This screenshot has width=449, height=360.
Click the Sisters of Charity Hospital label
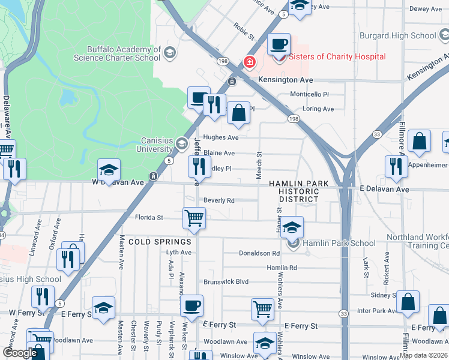tap(337, 57)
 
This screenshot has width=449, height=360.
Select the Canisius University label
tap(157, 145)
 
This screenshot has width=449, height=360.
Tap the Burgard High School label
tap(398, 35)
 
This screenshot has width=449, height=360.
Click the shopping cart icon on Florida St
tap(194, 218)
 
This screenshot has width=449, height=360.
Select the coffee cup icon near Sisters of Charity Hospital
tap(279, 44)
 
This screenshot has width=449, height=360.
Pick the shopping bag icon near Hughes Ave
tap(238, 113)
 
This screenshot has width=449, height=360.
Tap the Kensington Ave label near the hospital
tap(286, 80)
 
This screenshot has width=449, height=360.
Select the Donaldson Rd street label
tap(259, 254)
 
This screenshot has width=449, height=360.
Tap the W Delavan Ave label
tap(118, 182)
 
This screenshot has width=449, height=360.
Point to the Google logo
tap(20, 353)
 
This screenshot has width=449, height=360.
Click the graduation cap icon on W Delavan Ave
tap(109, 170)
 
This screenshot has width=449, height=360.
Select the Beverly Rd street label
tap(218, 200)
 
